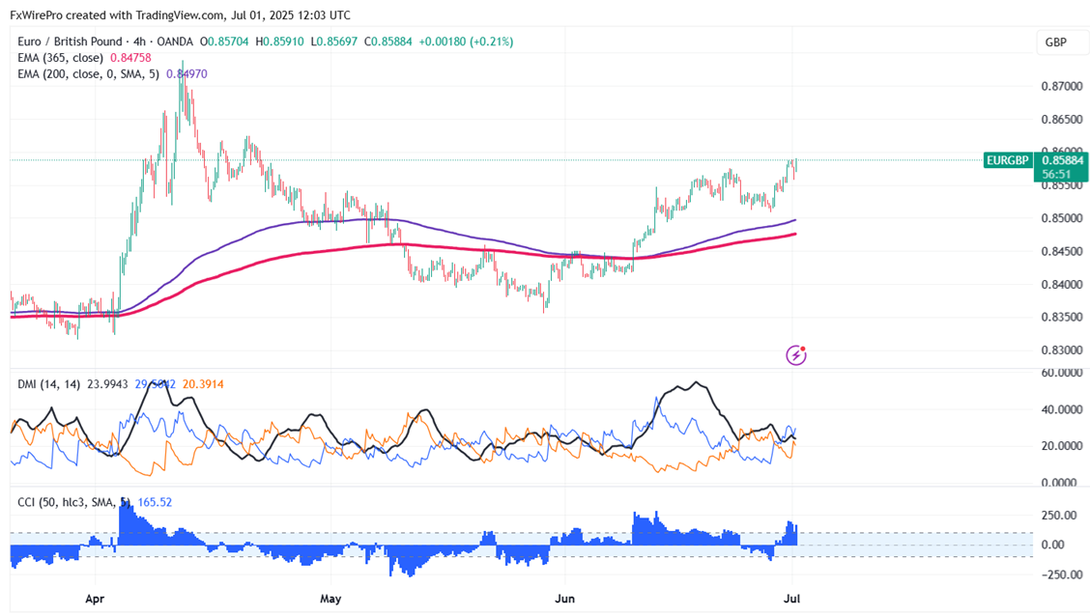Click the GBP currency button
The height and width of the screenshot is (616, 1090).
click(1055, 42)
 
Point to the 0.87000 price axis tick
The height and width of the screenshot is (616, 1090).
click(1060, 86)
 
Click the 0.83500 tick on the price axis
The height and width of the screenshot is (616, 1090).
click(1060, 318)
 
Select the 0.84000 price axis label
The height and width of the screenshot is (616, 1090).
click(1060, 284)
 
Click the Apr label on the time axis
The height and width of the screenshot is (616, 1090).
click(95, 598)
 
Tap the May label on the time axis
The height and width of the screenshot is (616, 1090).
click(330, 598)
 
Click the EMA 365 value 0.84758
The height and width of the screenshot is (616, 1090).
click(143, 58)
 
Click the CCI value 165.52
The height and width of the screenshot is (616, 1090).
click(155, 502)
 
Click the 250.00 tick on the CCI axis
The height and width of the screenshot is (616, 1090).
click(1059, 516)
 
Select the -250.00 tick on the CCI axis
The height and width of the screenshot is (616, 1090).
click(1057, 575)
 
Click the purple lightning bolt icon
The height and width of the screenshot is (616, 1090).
click(796, 355)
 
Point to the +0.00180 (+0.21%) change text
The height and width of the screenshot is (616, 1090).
click(467, 42)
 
